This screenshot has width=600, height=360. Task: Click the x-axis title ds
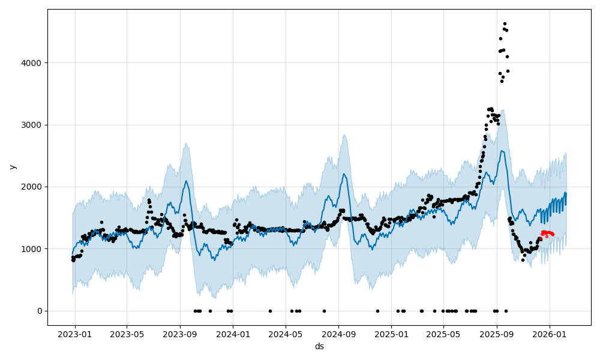click(x=319, y=347)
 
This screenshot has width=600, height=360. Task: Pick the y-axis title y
click(x=13, y=167)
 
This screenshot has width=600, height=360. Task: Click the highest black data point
click(x=505, y=24)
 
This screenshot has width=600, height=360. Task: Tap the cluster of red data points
click(x=547, y=233)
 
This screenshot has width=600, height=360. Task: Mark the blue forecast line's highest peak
click(x=502, y=151)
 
